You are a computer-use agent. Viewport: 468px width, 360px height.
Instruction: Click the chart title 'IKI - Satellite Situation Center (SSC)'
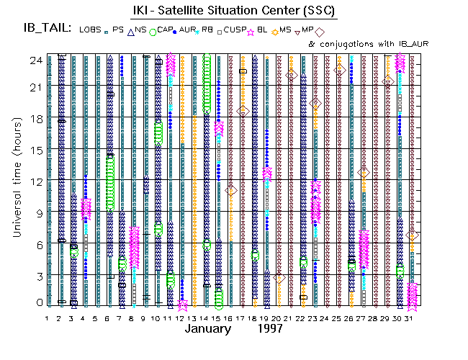click(233, 11)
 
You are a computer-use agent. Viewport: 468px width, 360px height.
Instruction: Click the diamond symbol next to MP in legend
click(320, 32)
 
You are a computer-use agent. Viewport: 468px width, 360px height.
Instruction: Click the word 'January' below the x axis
click(208, 329)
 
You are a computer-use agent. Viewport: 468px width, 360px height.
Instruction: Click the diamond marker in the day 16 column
click(231, 190)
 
